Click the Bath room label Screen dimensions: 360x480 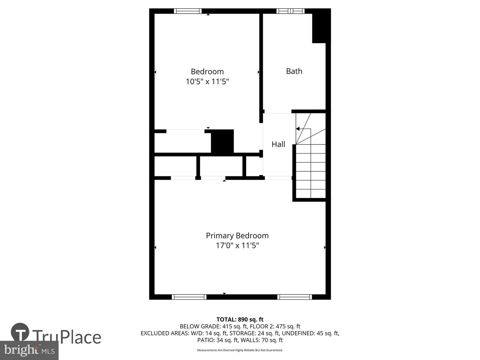294,71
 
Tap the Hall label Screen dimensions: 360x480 278,144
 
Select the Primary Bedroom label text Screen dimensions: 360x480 237,235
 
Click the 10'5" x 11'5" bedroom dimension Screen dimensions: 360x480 207,81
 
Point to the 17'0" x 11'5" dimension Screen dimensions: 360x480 237,246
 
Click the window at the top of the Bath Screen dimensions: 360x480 290,11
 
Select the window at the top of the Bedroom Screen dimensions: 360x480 188,11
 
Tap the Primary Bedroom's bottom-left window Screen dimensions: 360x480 189,297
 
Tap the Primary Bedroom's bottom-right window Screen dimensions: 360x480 294,297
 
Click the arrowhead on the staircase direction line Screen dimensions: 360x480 298,129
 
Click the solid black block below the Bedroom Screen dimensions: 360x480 222,142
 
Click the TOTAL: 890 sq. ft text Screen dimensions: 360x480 240,319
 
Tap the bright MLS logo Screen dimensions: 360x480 29,350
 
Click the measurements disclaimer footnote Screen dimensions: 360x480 240,350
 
